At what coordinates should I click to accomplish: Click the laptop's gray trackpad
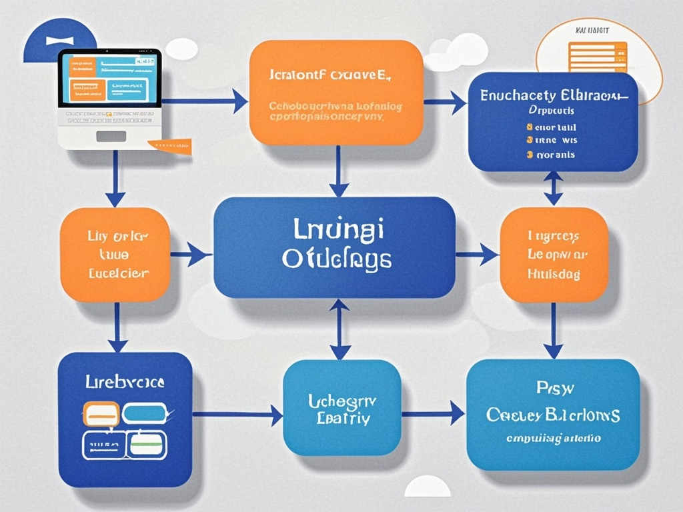[111, 136]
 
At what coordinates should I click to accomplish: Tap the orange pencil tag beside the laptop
[171, 145]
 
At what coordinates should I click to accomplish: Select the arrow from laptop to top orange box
[204, 102]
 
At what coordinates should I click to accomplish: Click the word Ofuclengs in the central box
[335, 260]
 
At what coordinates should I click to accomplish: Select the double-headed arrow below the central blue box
[340, 329]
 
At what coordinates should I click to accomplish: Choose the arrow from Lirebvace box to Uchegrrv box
[237, 415]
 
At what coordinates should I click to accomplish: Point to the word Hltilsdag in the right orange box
[553, 273]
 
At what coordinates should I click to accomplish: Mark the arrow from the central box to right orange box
[476, 253]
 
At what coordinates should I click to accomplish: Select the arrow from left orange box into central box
[191, 253]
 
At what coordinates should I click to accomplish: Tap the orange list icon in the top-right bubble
[598, 57]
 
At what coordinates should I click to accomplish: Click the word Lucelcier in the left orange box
[119, 273]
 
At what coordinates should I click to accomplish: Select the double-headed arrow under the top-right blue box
[553, 188]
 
